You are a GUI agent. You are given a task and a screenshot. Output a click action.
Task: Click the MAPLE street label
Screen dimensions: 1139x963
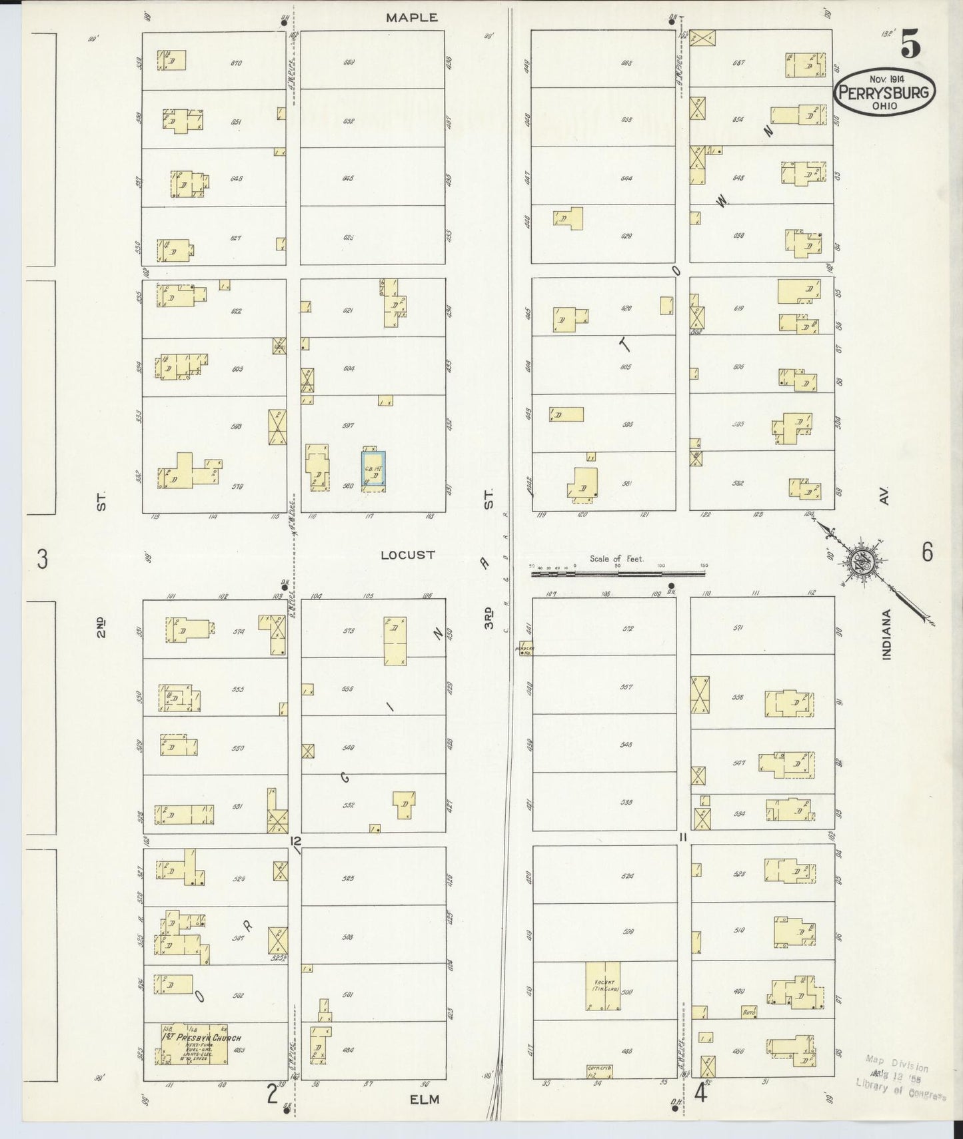(x=412, y=18)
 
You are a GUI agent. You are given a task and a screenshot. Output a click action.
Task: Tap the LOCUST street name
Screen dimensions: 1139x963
(x=407, y=554)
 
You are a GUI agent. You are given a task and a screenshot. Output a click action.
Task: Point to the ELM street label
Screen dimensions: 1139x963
(x=425, y=1099)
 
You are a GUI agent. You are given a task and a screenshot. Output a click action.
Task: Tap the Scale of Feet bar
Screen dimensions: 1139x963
(x=617, y=571)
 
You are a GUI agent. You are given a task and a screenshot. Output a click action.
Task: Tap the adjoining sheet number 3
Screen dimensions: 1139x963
(x=43, y=559)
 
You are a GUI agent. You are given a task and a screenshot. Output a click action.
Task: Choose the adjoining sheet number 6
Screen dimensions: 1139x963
(x=927, y=552)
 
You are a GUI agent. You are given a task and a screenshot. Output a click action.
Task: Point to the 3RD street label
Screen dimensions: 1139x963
(x=490, y=617)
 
